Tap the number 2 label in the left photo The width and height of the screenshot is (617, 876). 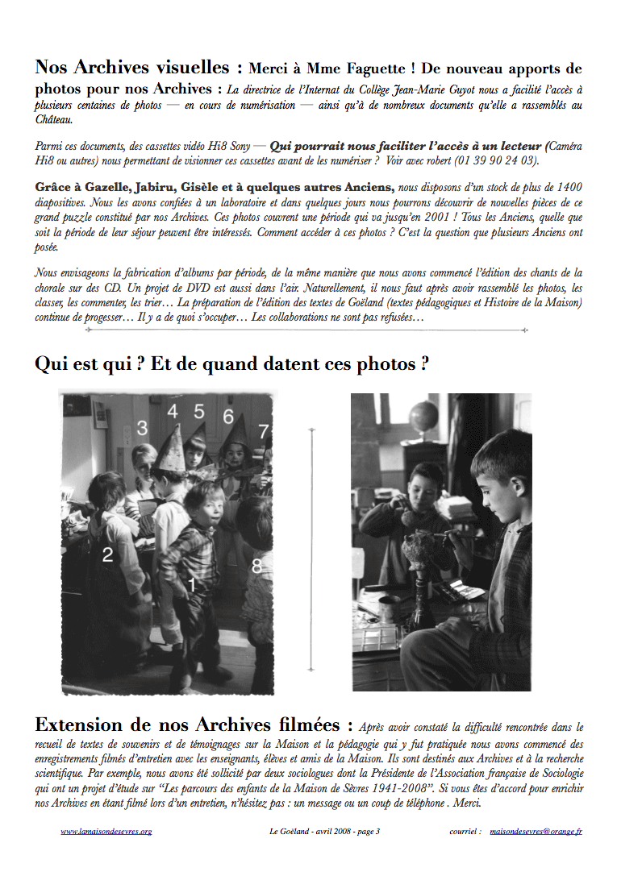coord(107,554)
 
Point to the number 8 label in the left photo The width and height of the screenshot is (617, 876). coord(256,567)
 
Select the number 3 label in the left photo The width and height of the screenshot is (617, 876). coord(142,428)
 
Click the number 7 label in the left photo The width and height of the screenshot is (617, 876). coord(263,431)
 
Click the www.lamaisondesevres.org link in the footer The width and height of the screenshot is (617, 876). coord(106,831)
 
